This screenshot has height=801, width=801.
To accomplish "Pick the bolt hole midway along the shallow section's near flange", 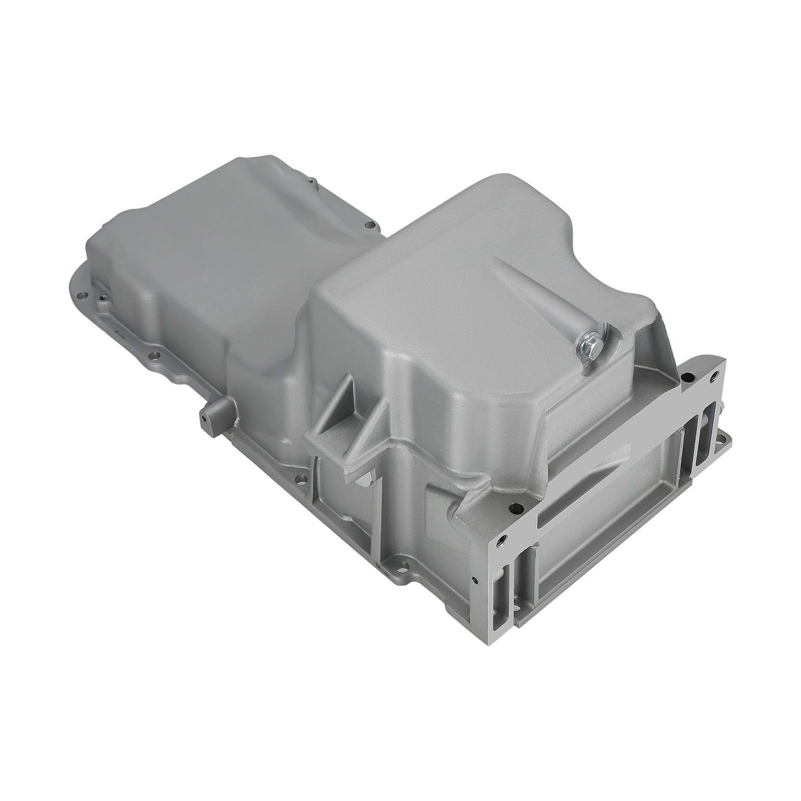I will (155, 356).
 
